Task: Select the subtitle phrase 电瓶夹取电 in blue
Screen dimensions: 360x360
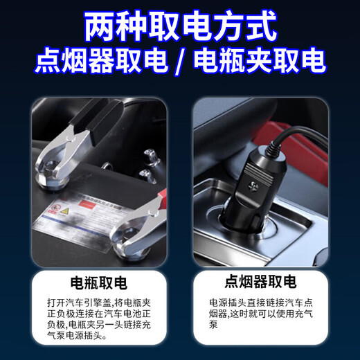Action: point(260,62)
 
